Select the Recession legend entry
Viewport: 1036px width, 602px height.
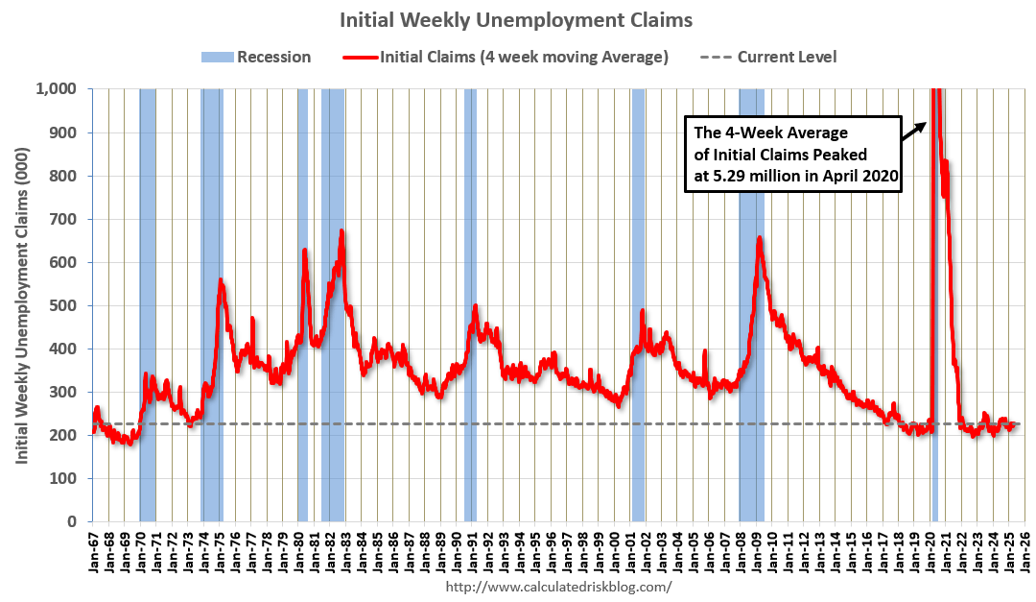[256, 57]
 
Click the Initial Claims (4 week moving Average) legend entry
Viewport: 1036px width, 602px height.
[506, 57]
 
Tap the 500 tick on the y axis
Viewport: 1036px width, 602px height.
[67, 305]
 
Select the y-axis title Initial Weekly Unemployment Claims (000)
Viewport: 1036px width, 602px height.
[21, 304]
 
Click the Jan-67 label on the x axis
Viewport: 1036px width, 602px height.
[93, 551]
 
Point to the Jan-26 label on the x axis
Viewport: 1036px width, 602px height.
[1024, 551]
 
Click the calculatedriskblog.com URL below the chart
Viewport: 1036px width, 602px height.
[558, 586]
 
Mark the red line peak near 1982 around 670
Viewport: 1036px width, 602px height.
[341, 231]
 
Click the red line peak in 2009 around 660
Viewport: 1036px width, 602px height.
[759, 237]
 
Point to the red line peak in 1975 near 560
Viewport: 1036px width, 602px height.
[221, 280]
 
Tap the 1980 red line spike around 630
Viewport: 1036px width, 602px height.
[304, 251]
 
